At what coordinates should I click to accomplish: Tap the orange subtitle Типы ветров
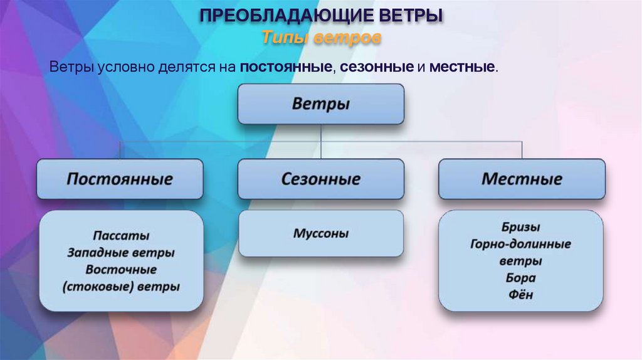[321, 38]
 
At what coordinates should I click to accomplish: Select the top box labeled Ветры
[320, 103]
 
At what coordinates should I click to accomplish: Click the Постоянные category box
[120, 179]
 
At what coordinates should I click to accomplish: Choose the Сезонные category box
[320, 179]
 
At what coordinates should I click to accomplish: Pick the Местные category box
[522, 179]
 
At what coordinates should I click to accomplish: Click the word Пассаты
[121, 236]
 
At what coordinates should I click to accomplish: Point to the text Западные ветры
[121, 253]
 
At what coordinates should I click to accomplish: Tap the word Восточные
[121, 270]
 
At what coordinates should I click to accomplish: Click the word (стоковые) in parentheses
[95, 287]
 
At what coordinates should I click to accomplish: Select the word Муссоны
[320, 234]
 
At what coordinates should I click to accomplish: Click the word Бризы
[520, 227]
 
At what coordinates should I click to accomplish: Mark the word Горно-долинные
[520, 244]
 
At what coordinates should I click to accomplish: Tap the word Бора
[520, 278]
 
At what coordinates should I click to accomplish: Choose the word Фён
[520, 294]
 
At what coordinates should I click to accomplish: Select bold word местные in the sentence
[462, 66]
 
